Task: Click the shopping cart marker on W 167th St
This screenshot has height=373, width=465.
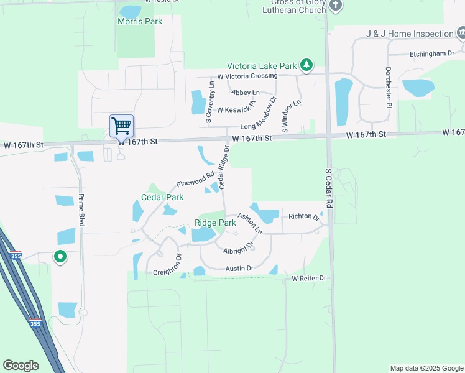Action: point(122,126)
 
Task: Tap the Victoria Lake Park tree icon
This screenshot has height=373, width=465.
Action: point(306,65)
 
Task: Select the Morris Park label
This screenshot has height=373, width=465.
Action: point(140,21)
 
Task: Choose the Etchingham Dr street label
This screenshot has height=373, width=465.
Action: point(432,54)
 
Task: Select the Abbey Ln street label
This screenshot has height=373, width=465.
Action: point(246,93)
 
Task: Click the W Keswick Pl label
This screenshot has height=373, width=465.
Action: point(236,108)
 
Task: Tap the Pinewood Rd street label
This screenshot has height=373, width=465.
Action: point(195,180)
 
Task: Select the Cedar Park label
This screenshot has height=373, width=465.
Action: point(162,197)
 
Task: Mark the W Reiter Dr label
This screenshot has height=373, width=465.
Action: point(309,278)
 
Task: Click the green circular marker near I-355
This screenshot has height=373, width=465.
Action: point(60,256)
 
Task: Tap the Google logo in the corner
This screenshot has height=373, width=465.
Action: point(21,366)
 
